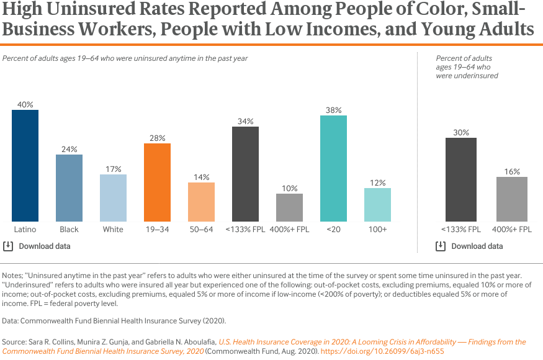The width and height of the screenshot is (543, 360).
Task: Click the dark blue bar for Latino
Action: pos(25,166)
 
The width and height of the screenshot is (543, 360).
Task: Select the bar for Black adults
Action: pos(69,188)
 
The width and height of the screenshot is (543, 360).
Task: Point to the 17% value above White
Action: pos(114,169)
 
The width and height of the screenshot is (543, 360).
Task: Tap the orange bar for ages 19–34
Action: pos(158,182)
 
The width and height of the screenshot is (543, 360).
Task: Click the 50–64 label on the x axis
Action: pos(201,230)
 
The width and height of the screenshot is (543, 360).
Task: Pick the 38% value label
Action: pos(334,110)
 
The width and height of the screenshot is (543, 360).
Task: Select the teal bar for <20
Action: pos(334,168)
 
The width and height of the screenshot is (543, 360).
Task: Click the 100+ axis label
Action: pos(377,230)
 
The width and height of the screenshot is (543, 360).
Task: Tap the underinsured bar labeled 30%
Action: pos(461,179)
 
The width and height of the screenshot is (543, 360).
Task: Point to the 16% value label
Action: pos(512,171)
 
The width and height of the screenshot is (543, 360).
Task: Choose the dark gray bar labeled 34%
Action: pos(246,174)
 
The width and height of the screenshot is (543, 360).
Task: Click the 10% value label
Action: pos(290,188)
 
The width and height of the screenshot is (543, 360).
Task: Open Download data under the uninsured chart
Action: pos(45,246)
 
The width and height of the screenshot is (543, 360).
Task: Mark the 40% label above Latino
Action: pos(25,104)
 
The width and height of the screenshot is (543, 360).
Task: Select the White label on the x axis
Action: pos(113,230)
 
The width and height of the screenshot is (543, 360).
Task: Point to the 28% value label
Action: pos(158,138)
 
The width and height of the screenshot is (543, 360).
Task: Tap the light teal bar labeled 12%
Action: pos(377,205)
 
